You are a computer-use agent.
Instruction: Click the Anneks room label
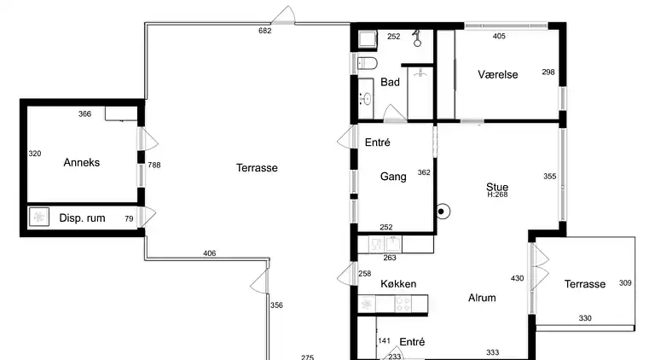(82, 162)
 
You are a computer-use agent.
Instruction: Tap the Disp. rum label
(82, 218)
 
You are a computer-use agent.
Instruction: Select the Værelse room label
(498, 74)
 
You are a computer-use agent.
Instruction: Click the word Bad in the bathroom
(390, 82)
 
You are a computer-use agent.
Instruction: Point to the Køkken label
(398, 284)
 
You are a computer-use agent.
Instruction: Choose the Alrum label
(482, 298)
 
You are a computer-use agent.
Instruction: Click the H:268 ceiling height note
(497, 195)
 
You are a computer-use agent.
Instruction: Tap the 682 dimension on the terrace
(265, 31)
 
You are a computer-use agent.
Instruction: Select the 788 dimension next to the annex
(154, 165)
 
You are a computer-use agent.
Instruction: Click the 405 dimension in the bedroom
(499, 37)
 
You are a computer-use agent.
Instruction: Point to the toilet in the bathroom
(368, 63)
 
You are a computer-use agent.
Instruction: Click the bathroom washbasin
(367, 99)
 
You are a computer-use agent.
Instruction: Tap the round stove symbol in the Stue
(442, 212)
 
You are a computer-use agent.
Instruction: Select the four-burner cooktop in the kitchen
(403, 304)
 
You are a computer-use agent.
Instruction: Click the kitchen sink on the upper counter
(393, 244)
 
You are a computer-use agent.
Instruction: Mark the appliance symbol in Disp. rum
(39, 217)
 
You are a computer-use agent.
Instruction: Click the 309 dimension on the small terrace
(625, 283)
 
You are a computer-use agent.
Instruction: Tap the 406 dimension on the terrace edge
(209, 253)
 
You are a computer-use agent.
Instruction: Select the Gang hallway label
(393, 177)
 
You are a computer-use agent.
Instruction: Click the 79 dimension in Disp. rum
(129, 218)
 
